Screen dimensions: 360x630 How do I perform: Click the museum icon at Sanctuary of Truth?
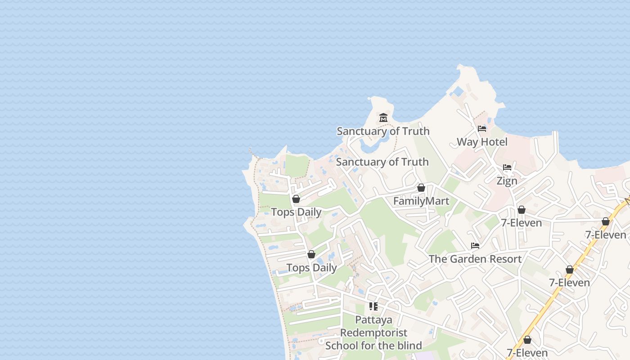(383, 118)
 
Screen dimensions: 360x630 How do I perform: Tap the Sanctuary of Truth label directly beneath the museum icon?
(383, 131)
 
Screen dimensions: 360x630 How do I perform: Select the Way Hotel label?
(482, 142)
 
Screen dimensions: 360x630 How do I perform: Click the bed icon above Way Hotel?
(482, 129)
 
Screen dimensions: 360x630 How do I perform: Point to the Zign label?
(507, 181)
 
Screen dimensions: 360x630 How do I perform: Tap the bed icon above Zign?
(507, 167)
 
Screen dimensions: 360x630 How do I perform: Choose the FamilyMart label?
(421, 201)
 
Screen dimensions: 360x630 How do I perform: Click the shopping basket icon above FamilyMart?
(421, 188)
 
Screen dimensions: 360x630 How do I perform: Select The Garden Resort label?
(475, 259)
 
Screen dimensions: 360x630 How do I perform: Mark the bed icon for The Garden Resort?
(475, 246)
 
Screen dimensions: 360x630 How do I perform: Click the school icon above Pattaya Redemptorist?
(373, 306)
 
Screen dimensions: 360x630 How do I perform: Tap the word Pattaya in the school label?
(373, 320)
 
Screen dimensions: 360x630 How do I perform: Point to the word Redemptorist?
(373, 333)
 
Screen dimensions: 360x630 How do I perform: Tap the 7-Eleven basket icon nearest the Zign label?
(521, 210)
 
